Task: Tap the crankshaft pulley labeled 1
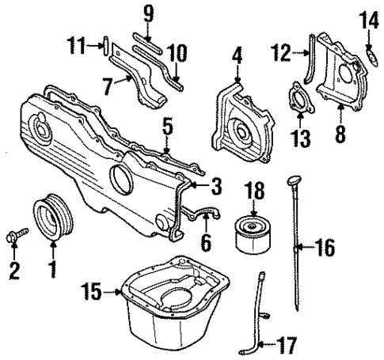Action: point(51,219)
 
